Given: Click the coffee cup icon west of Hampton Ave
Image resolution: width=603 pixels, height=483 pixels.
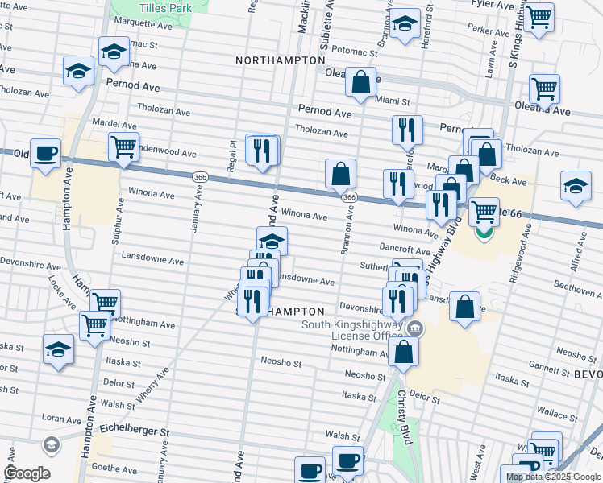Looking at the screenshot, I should pyautogui.click(x=46, y=152).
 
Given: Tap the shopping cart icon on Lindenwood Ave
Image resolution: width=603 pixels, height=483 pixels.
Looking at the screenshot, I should pyautogui.click(x=123, y=147).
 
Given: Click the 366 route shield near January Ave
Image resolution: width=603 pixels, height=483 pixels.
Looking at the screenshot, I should pyautogui.click(x=201, y=176).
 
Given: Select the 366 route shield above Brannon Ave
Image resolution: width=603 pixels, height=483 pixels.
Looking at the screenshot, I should pyautogui.click(x=348, y=197).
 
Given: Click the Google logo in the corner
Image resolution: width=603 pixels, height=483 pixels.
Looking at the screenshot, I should pyautogui.click(x=27, y=473).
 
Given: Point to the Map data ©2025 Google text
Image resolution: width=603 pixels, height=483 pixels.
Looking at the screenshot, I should pyautogui.click(x=553, y=477).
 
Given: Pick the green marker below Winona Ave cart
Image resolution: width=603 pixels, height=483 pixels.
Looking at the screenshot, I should pyautogui.click(x=484, y=233).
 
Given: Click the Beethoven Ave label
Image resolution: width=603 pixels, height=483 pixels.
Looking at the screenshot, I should pyautogui.click(x=577, y=286).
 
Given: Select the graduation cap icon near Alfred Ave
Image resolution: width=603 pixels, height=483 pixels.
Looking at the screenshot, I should pyautogui.click(x=576, y=185).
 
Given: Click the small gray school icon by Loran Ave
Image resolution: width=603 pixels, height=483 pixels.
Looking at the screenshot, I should pyautogui.click(x=51, y=444).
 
